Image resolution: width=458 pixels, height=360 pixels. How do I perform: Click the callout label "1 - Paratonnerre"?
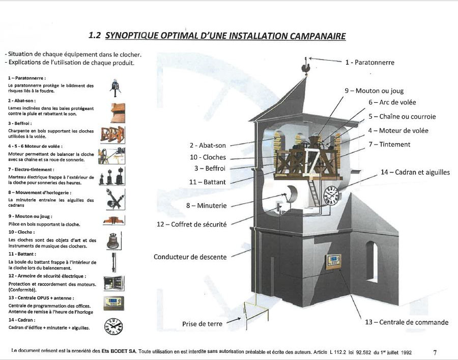[369, 63]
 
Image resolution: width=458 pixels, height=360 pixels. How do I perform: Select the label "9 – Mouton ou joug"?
[374, 91]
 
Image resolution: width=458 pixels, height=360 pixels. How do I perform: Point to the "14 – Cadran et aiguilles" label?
[415, 172]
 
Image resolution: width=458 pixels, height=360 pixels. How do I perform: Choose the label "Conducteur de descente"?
[190, 257]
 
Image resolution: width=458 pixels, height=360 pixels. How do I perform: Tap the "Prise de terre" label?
[202, 324]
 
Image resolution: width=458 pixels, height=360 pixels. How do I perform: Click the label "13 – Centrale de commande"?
[407, 322]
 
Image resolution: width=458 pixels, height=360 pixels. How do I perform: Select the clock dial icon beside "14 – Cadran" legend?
[113, 326]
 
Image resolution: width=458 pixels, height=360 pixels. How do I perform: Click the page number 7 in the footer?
[435, 352]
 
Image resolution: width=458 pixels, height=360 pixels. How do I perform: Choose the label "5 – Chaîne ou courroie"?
[402, 116]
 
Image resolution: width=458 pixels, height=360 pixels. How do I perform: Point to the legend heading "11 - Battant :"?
[21, 254]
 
